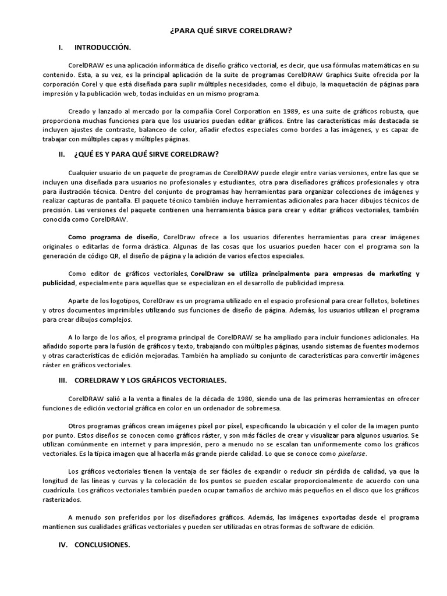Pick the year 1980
coord(244,399)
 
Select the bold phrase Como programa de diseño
coord(113,237)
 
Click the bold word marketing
coord(384,274)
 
